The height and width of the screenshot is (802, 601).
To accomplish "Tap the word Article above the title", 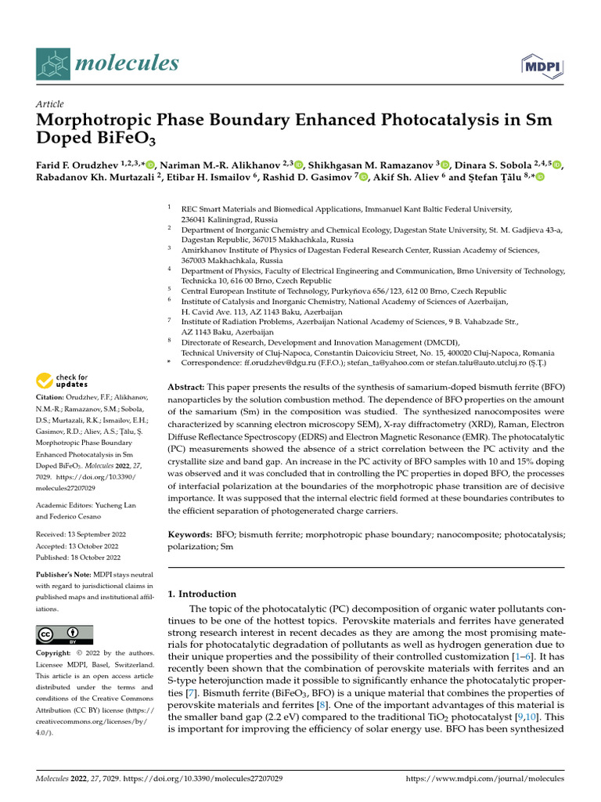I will point(50,104).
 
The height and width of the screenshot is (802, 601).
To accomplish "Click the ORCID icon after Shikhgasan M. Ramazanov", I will point(444,164).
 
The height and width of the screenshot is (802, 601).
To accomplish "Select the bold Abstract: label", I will point(188,388).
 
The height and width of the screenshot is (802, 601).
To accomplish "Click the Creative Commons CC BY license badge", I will point(64,634).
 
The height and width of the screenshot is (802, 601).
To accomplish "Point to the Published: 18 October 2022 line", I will point(78,558).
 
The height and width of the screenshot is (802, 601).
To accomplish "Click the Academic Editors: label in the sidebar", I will point(64,504).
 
